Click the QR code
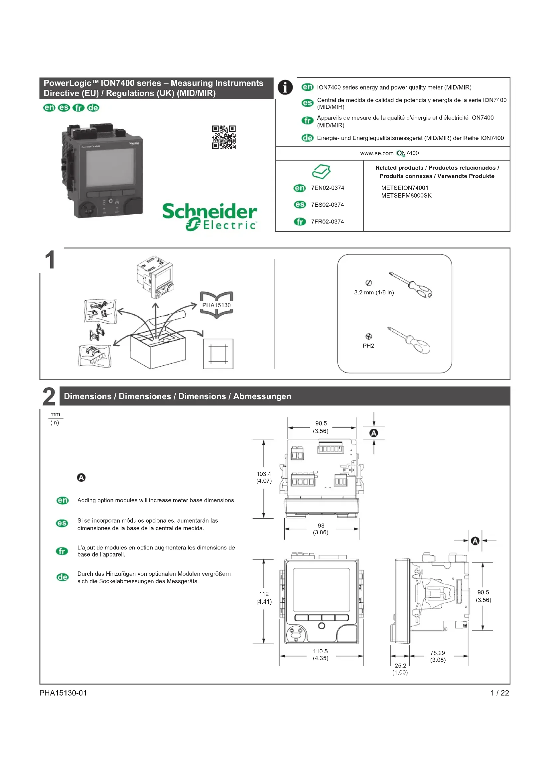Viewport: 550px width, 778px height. tap(223, 137)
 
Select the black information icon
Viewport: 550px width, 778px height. tap(285, 87)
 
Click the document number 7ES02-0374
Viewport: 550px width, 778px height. tap(327, 205)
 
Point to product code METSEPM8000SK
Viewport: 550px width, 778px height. tap(406, 196)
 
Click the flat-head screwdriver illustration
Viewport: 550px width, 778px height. tap(410, 285)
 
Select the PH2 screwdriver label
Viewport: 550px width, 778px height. tap(368, 346)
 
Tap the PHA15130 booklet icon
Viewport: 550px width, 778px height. tap(216, 305)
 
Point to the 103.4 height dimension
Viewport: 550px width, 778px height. tap(264, 477)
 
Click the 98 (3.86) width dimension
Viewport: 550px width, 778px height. tap(321, 529)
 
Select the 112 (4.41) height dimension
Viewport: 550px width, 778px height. tap(264, 597)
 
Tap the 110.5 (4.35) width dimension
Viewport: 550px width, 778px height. tap(320, 654)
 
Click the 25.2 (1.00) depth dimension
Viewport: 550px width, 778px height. tap(400, 669)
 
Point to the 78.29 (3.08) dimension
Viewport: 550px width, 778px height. tap(438, 656)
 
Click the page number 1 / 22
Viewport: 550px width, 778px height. tap(499, 693)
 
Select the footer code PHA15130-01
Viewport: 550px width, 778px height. tap(63, 693)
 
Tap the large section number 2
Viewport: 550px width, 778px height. tap(49, 396)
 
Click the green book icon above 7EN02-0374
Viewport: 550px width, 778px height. tap(321, 171)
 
